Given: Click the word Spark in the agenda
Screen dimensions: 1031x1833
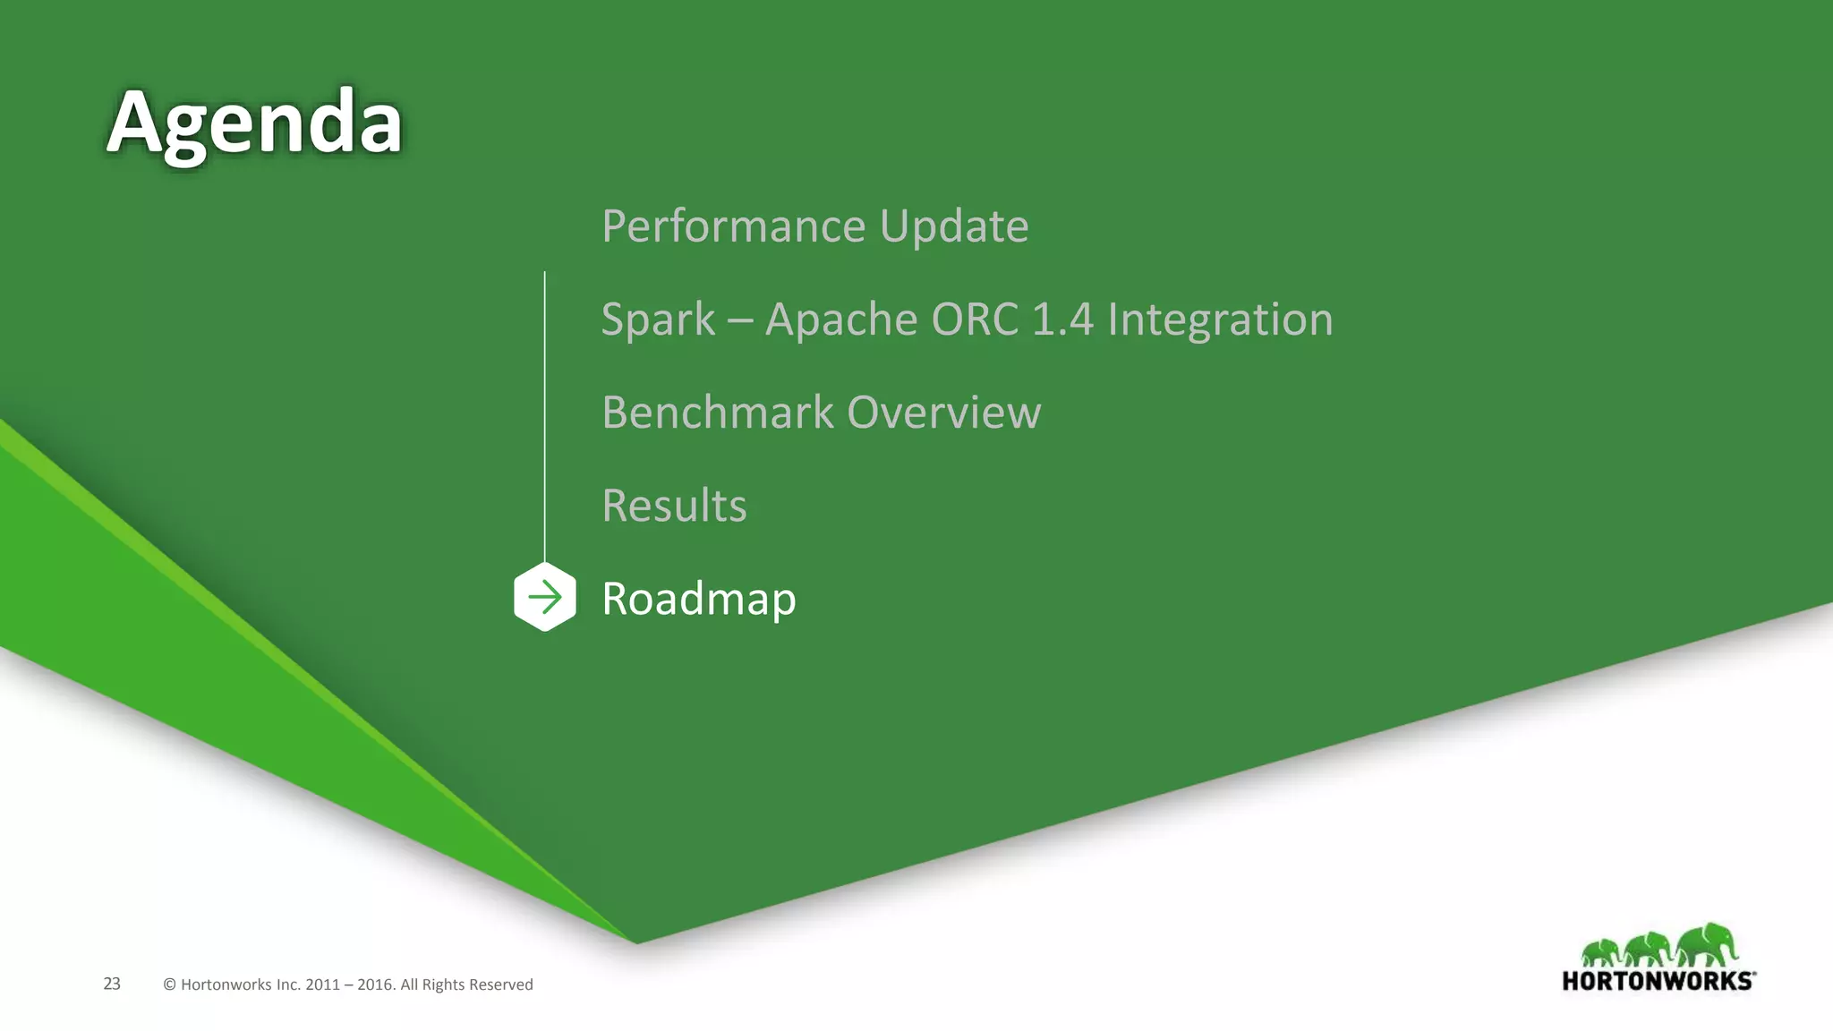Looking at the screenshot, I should point(658,320).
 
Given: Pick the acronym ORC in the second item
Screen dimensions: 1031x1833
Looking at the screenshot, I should point(975,320).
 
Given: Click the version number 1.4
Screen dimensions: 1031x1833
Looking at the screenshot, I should point(1062,320).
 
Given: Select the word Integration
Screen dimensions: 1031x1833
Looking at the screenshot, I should point(1220,320).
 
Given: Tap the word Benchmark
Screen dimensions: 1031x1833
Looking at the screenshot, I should point(718,413).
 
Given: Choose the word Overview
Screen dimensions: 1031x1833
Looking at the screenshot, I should point(944,413).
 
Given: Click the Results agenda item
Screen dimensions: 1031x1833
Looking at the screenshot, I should point(674,506).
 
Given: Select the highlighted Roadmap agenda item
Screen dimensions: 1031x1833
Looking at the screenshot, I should point(699,599).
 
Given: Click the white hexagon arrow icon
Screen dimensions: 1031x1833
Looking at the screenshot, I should point(545,597).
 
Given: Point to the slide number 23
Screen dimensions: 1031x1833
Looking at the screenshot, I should point(112,984).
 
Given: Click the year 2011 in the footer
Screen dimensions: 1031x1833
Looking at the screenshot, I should point(322,984).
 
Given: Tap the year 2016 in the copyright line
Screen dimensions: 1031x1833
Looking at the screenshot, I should point(375,984).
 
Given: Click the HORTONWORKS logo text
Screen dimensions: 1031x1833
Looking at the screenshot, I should point(1658,981).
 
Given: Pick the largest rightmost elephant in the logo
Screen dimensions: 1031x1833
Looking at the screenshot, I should point(1707,944).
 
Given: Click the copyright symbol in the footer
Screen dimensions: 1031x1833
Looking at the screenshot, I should point(169,984).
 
